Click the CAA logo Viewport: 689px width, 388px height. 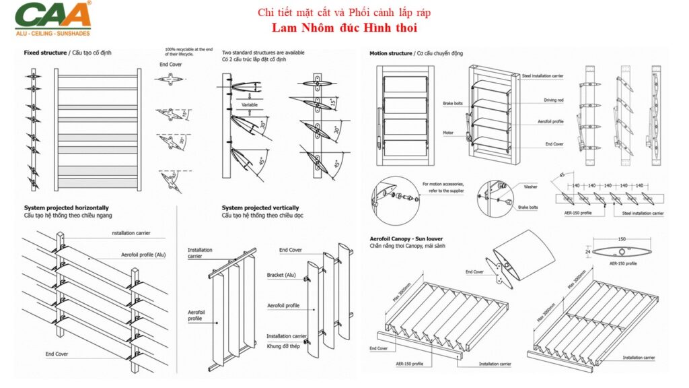click(52, 13)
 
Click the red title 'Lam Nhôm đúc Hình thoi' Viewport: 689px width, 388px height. click(344, 28)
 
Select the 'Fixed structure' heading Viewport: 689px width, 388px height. click(45, 53)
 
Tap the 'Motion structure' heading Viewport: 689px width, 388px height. click(390, 53)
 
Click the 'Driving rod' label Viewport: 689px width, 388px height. click(554, 100)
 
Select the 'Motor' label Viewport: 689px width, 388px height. click(448, 133)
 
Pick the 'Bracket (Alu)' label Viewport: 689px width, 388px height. click(284, 276)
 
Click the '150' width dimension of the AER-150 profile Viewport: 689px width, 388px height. click(622, 238)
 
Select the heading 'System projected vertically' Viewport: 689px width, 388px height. click(260, 208)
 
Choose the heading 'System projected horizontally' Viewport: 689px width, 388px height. click(66, 208)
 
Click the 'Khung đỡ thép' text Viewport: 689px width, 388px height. click(283, 344)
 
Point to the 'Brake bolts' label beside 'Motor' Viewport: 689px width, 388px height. click(453, 104)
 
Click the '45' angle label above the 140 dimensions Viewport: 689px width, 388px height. click(560, 175)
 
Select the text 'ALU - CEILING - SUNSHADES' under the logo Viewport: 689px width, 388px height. click(52, 32)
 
